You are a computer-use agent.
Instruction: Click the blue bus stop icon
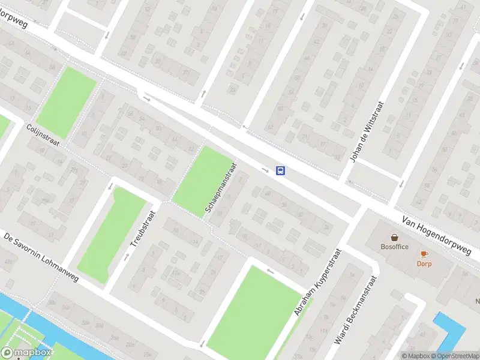pyautogui.click(x=280, y=170)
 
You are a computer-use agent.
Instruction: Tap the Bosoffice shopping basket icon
pyautogui.click(x=394, y=238)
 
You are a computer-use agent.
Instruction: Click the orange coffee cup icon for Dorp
pyautogui.click(x=424, y=254)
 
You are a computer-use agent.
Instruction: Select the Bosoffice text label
pyautogui.click(x=394, y=247)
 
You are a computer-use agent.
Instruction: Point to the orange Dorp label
pyautogui.click(x=424, y=263)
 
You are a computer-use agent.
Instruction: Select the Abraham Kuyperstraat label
pyautogui.click(x=317, y=282)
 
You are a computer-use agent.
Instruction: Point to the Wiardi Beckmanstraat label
pyautogui.click(x=356, y=310)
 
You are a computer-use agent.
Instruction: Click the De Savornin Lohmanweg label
pyautogui.click(x=41, y=259)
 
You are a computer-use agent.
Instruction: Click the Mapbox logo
pyautogui.click(x=26, y=353)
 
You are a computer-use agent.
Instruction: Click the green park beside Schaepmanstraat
pyautogui.click(x=202, y=182)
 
